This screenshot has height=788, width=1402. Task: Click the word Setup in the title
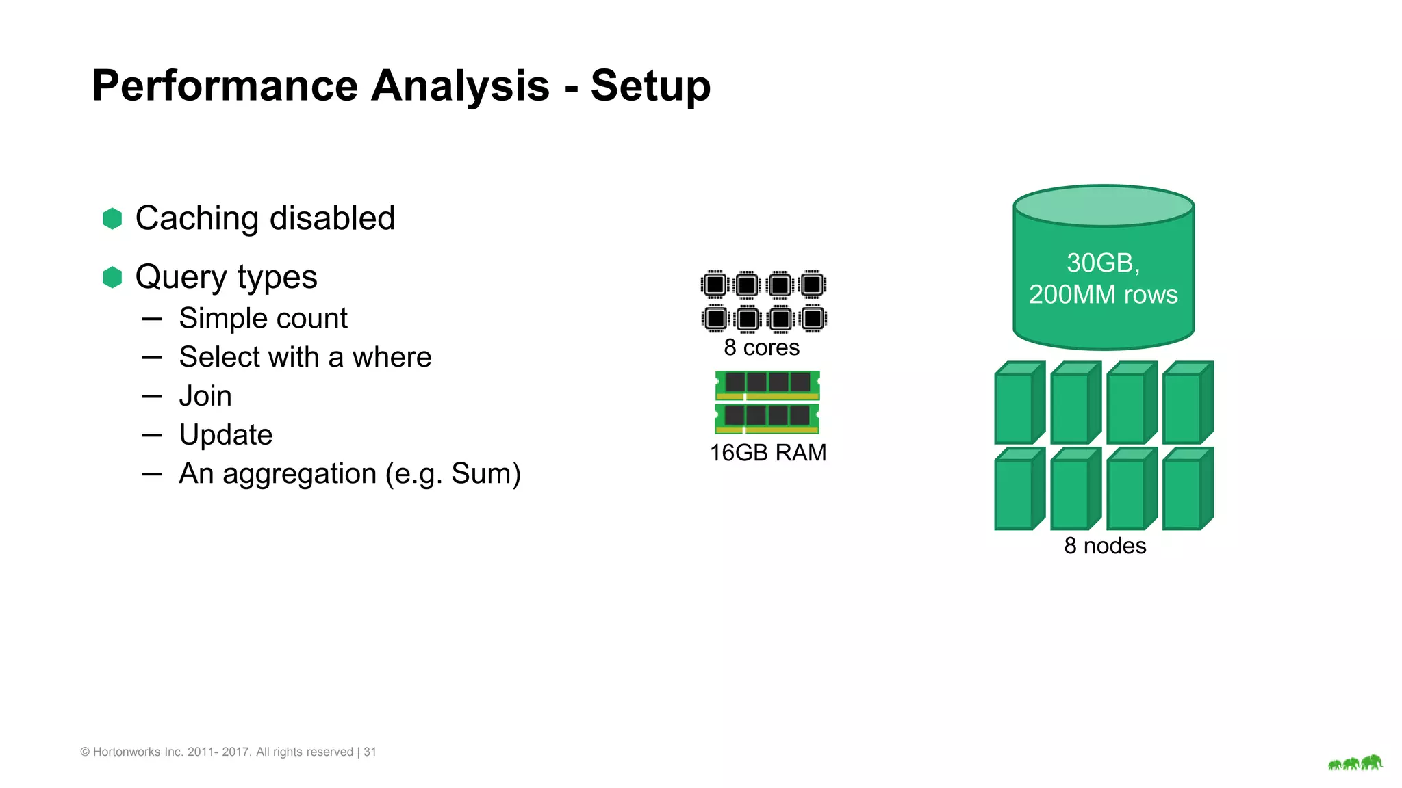pos(650,86)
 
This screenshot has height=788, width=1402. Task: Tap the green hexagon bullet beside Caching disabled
pos(112,219)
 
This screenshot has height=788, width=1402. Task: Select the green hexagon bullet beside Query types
pos(112,277)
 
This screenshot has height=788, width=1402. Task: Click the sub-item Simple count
pos(263,319)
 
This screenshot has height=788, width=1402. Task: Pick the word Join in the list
pos(205,396)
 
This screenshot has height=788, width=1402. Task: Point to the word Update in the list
pos(225,435)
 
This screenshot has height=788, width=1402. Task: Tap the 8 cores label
pos(761,347)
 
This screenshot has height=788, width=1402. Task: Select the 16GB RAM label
pos(767,453)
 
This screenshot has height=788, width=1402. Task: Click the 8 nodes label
pos(1104,546)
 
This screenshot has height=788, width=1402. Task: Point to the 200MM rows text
pos(1103,295)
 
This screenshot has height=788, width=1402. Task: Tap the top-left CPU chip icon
pos(715,285)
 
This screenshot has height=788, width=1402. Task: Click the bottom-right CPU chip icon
pos(813,318)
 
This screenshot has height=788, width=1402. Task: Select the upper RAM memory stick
pos(767,384)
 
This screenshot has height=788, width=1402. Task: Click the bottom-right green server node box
pos(1186,490)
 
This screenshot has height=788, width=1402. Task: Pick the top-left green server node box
pos(1018,404)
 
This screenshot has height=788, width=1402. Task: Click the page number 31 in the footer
pos(370,752)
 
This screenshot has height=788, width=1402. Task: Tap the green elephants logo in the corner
pos(1355,763)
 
